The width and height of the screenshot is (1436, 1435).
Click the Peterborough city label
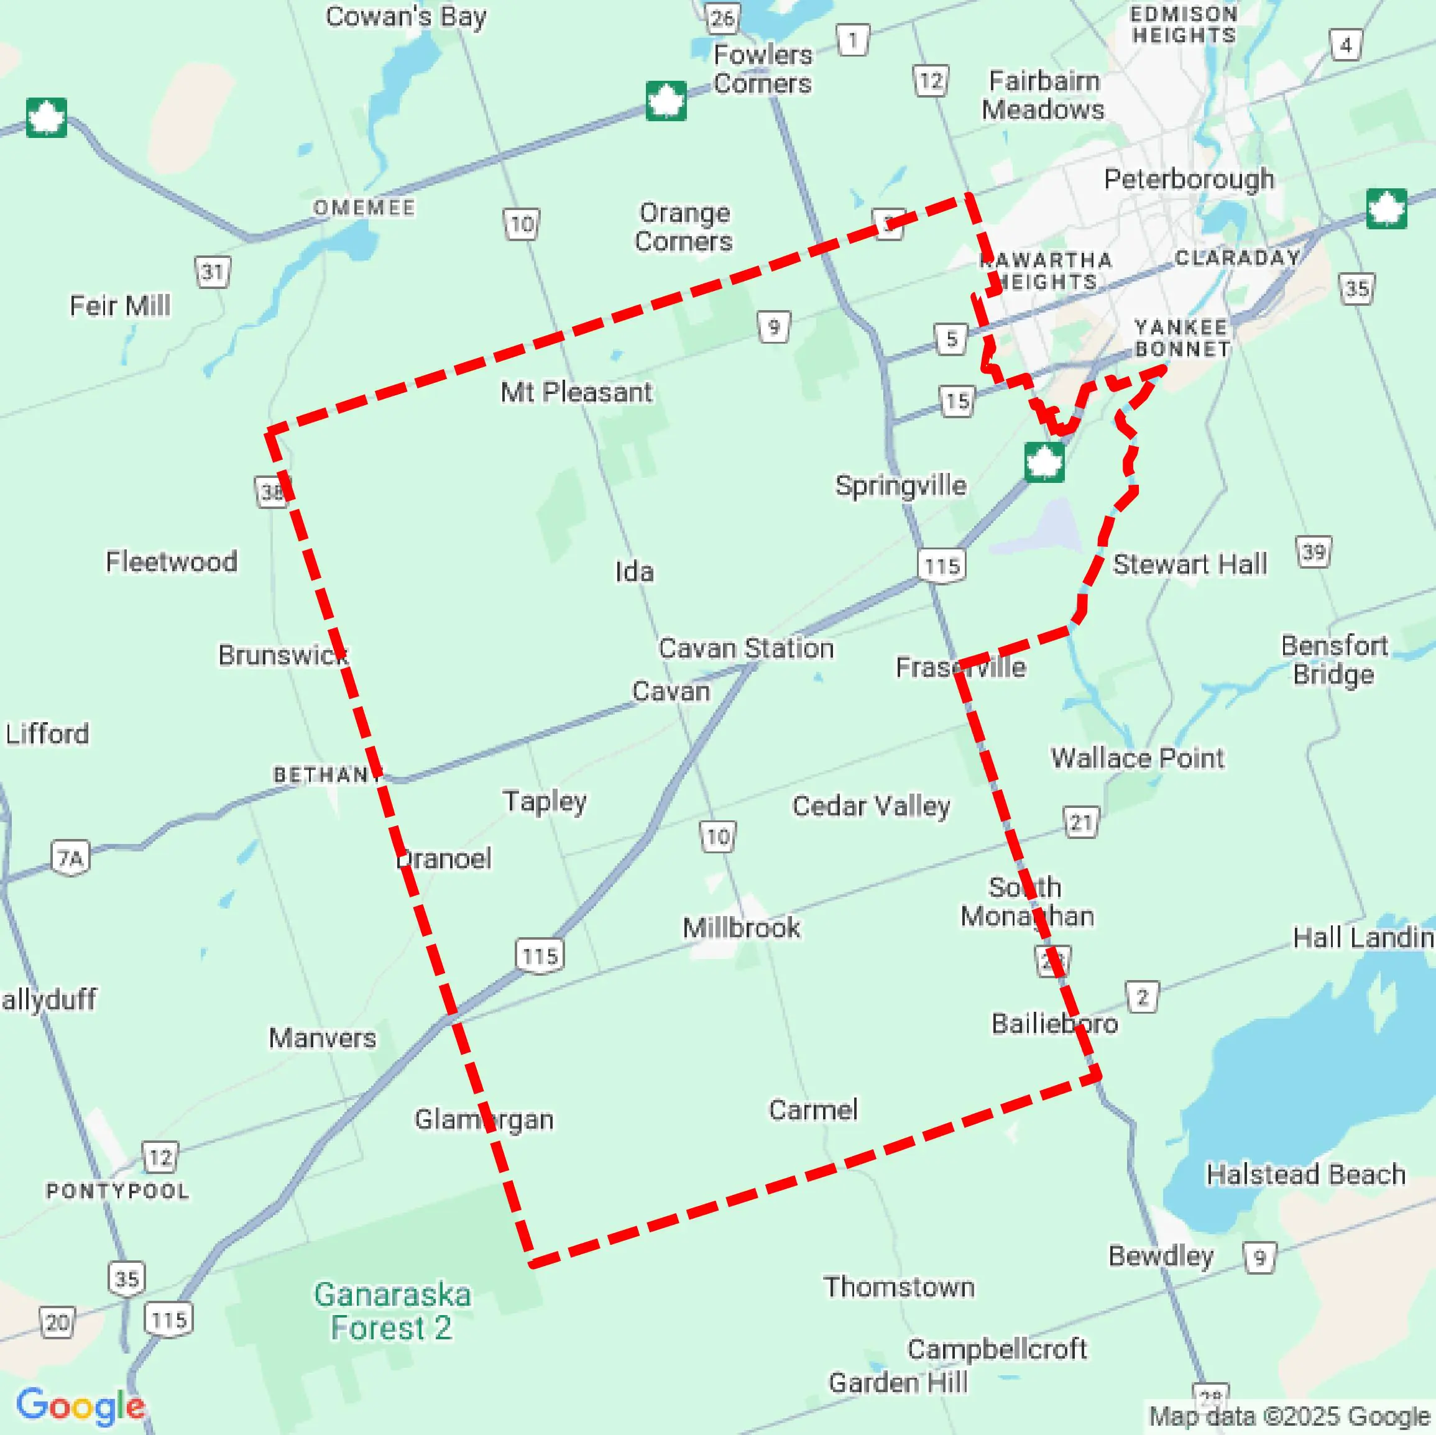(x=1189, y=179)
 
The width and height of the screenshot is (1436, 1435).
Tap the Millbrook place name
(x=741, y=927)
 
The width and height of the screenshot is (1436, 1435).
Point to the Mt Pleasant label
(x=576, y=392)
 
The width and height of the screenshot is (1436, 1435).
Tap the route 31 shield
(x=213, y=272)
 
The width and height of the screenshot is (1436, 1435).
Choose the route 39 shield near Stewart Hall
(x=1314, y=552)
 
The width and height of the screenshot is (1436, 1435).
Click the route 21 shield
(x=1080, y=822)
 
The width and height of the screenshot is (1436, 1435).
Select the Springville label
(x=901, y=485)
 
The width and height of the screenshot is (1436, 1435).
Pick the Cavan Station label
(x=746, y=648)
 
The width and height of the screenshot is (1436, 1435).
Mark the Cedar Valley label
(x=871, y=805)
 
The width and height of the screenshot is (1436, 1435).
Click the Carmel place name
(x=813, y=1109)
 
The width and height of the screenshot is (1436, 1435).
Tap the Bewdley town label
(x=1160, y=1255)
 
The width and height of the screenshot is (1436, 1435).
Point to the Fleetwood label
(x=172, y=561)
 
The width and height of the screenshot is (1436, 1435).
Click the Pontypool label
(x=117, y=1191)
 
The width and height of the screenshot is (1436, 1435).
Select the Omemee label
(x=364, y=208)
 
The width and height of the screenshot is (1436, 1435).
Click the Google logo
(x=80, y=1405)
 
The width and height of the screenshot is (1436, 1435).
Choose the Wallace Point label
(x=1137, y=758)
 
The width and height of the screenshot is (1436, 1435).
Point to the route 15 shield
(x=957, y=402)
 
